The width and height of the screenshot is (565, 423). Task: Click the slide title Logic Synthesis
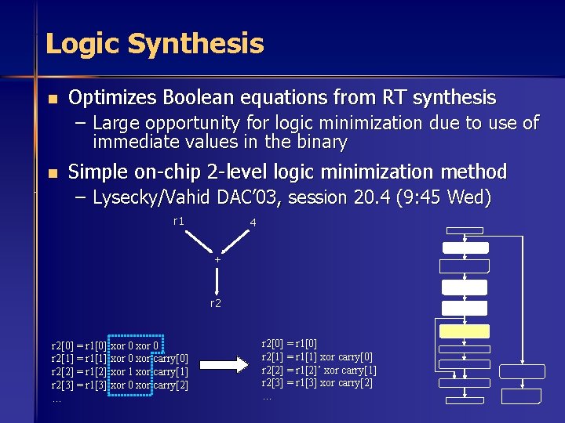[x=155, y=43]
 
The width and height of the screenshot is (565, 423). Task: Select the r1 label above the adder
[x=179, y=222]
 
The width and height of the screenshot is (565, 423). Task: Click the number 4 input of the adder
[x=252, y=223]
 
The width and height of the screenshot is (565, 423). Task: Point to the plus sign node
[x=217, y=258]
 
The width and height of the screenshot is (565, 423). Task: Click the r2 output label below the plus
[x=216, y=302]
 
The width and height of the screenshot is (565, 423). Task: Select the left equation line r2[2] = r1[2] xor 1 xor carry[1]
[x=119, y=371]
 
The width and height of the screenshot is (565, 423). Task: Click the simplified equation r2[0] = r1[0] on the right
[x=290, y=342]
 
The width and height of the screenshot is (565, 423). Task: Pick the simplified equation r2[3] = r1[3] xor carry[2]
[x=317, y=383]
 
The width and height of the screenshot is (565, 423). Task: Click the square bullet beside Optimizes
[x=52, y=99]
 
